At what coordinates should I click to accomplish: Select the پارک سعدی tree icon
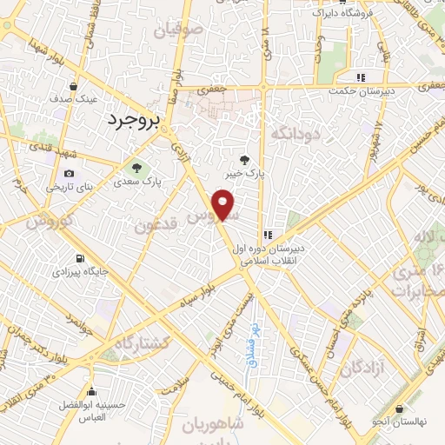(x=134, y=166)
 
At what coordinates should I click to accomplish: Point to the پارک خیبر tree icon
(x=247, y=159)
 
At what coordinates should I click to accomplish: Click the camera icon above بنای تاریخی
(x=70, y=173)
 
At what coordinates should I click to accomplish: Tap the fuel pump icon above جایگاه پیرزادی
(x=81, y=258)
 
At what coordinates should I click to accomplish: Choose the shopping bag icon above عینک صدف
(x=74, y=86)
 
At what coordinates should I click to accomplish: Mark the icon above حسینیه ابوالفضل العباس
(x=92, y=391)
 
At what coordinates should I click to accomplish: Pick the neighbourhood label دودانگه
(x=296, y=134)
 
